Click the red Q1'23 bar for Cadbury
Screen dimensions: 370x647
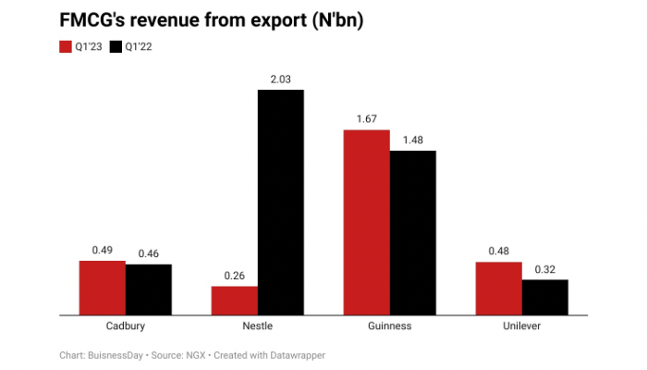click(x=103, y=288)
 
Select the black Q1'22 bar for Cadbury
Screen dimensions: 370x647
click(x=149, y=290)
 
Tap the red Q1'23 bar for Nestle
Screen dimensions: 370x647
click(x=235, y=301)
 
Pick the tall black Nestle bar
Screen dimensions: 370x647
click(x=281, y=202)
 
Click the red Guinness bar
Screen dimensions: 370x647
click(x=367, y=222)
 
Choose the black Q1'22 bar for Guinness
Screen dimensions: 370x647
click(x=413, y=232)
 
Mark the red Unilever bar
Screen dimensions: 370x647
click(x=499, y=289)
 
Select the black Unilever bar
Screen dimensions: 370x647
click(x=545, y=297)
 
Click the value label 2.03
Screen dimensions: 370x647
click(x=281, y=80)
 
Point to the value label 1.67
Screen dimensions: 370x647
click(x=367, y=119)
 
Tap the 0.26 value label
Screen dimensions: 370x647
click(x=235, y=276)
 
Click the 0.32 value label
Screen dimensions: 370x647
click(x=545, y=269)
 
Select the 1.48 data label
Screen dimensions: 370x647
click(x=413, y=140)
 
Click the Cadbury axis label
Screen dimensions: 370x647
click(x=126, y=327)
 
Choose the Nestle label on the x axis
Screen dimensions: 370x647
click(x=258, y=327)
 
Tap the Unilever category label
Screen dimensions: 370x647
click(x=522, y=327)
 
